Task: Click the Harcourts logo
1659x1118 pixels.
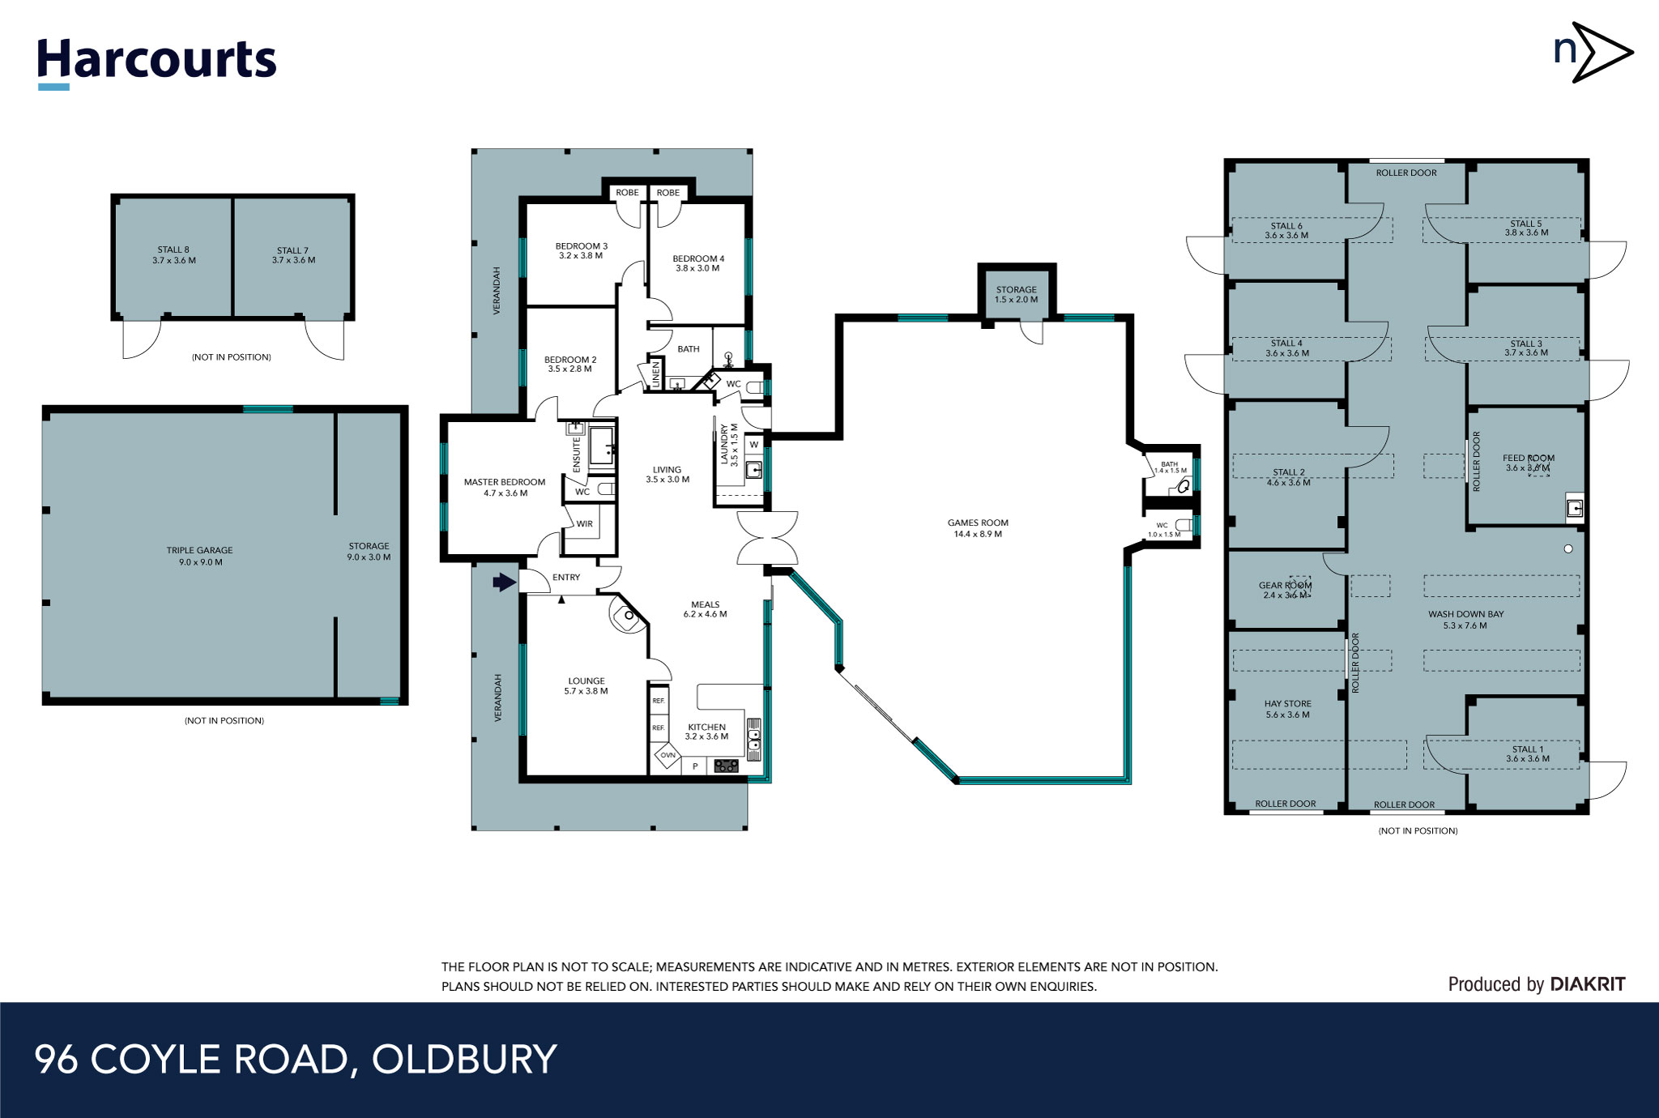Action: [x=156, y=62]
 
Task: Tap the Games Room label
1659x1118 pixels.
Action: [x=978, y=528]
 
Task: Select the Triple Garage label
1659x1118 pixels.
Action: [x=200, y=556]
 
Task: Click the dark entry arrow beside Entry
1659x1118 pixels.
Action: [x=504, y=582]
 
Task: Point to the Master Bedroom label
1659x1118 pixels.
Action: [x=504, y=487]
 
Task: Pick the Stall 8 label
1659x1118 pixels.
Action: [x=173, y=255]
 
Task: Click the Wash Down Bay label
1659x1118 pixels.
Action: [x=1465, y=620]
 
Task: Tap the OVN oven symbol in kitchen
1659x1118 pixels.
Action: [x=667, y=755]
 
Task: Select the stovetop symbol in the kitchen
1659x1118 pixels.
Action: [x=726, y=766]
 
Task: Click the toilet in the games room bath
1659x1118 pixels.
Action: [x=1183, y=486]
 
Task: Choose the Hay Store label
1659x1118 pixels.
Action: [x=1287, y=709]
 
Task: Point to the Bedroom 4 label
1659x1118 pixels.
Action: [x=698, y=263]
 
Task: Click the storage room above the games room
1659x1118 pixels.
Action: [x=1016, y=294]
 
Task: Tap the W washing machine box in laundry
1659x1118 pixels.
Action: [x=753, y=445]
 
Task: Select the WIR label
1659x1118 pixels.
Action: [x=584, y=524]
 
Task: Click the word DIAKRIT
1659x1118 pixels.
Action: [x=1587, y=984]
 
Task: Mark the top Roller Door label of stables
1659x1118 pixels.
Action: [x=1406, y=173]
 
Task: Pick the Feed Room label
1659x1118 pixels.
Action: [x=1528, y=463]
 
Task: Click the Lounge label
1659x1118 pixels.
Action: [x=586, y=686]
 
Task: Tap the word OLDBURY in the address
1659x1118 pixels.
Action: [x=464, y=1060]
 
